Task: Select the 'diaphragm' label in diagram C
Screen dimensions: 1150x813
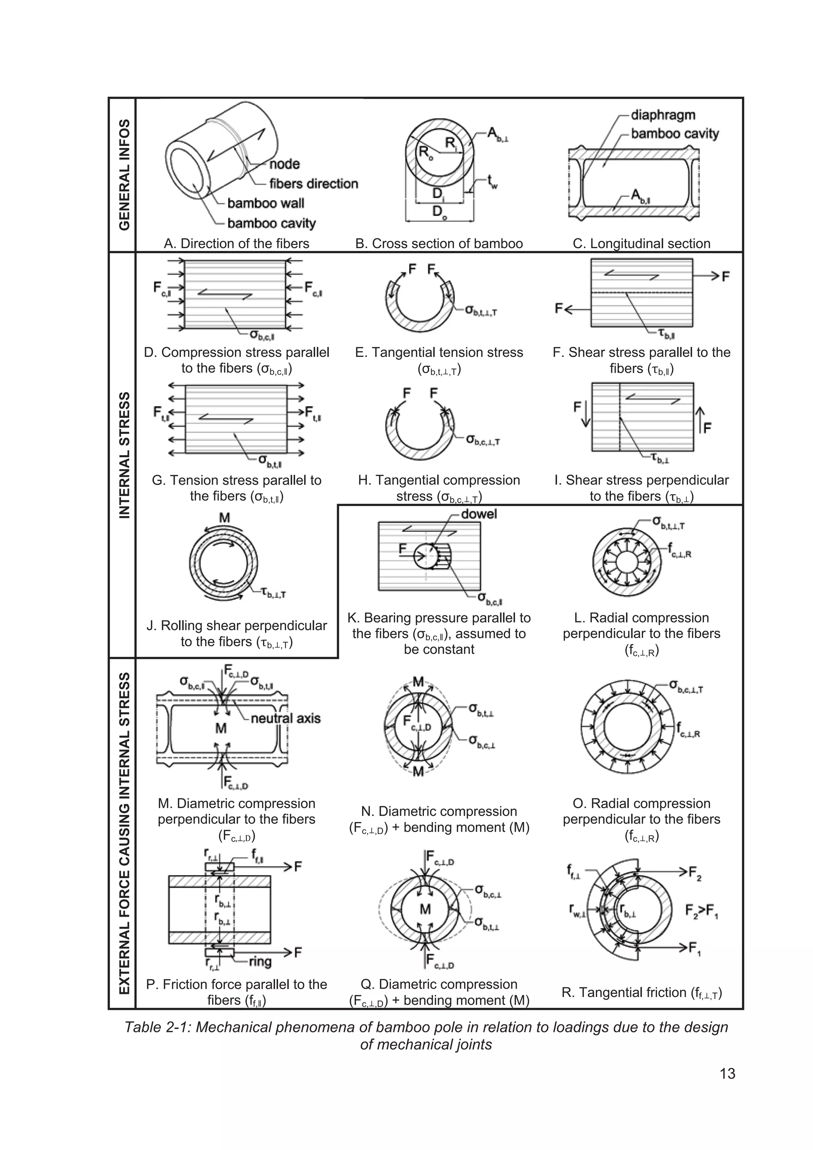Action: click(x=663, y=115)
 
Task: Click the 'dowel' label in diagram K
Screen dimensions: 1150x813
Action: click(x=478, y=514)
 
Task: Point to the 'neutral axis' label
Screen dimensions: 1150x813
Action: click(x=285, y=718)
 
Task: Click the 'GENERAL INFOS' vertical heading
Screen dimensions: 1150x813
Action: click(x=124, y=175)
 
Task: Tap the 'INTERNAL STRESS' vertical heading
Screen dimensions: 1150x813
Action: click(x=124, y=455)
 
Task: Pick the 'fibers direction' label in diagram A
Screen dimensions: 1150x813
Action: click(x=314, y=184)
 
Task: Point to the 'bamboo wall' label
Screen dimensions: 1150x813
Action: click(x=266, y=203)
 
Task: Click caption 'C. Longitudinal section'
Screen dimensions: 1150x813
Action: click(x=641, y=244)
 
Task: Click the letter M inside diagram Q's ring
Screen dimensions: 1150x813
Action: click(x=425, y=909)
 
